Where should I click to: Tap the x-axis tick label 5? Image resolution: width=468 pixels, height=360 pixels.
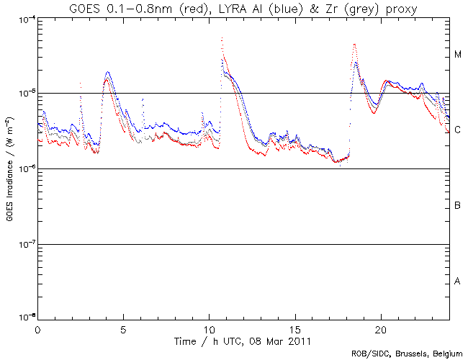123,328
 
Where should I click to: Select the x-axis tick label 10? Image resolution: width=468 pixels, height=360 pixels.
209,328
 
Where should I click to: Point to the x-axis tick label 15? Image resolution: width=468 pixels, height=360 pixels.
295,328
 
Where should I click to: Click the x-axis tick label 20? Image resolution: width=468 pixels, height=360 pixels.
381,328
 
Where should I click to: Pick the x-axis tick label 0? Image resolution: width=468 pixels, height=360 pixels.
37,328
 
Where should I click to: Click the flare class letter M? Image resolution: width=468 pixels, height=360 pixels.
457,55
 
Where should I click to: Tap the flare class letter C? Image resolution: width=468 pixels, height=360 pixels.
457,130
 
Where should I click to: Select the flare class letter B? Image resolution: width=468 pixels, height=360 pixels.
457,207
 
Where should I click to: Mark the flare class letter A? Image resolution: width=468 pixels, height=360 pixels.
457,281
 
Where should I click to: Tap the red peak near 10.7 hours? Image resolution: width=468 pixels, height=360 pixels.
222,37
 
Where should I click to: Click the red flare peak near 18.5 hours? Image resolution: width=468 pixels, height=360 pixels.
355,45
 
